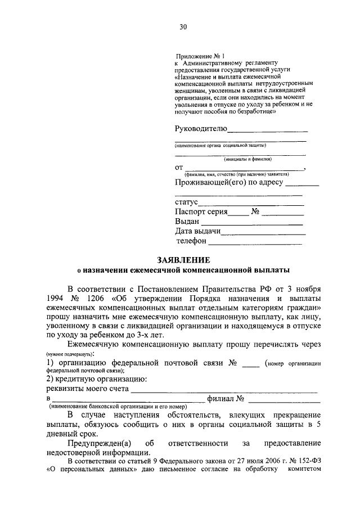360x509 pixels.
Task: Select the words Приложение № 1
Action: [200, 56]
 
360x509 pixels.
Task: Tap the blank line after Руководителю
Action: [267, 129]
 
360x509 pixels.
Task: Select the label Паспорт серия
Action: [201, 212]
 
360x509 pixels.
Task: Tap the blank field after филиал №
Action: [283, 400]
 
